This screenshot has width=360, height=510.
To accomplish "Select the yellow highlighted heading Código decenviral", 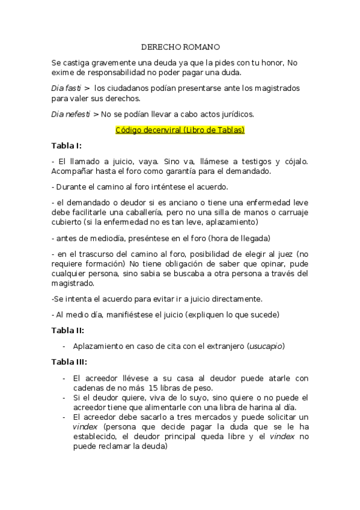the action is click(180, 130).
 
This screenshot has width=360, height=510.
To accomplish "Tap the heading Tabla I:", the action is click(67, 146).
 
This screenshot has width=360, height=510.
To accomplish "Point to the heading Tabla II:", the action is click(67, 330).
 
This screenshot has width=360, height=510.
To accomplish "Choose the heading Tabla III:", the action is click(69, 362).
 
